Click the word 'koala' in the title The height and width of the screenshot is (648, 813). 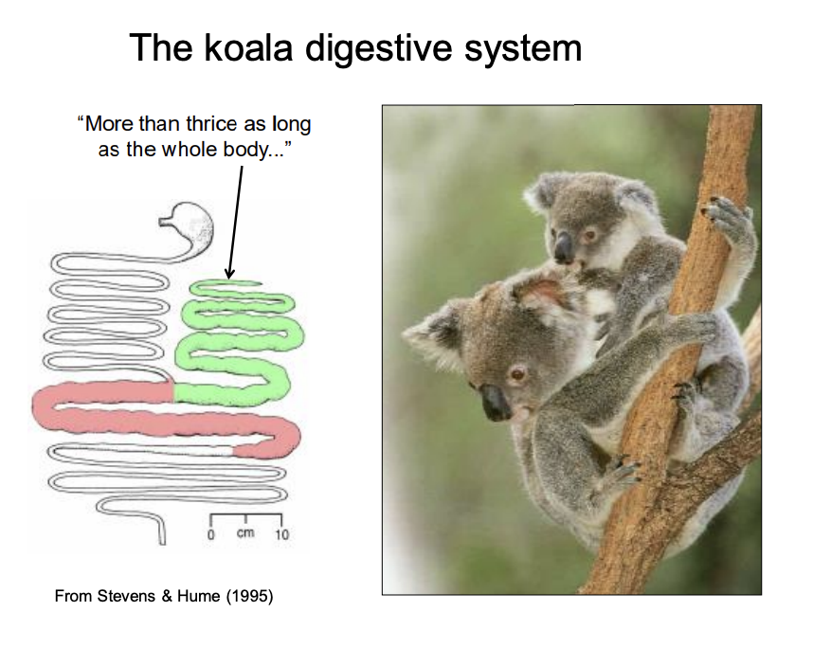pos(248,47)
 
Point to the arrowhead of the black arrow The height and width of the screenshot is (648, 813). pos(229,274)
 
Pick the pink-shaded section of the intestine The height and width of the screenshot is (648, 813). pos(166,415)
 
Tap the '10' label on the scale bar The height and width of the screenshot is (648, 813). pos(281,534)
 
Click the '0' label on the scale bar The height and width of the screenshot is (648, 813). pos(211,534)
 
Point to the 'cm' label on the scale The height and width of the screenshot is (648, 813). pos(245,533)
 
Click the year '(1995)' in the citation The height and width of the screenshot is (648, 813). pos(249,596)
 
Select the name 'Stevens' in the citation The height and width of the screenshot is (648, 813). pos(126,596)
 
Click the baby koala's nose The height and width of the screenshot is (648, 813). pos(563,248)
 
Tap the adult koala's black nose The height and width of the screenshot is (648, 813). pos(495,402)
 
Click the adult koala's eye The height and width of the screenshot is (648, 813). pos(517,372)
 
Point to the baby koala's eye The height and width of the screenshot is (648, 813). pos(590,235)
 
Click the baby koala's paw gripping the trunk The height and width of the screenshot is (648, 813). pos(729,216)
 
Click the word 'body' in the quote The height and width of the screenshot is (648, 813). pos(246,150)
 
